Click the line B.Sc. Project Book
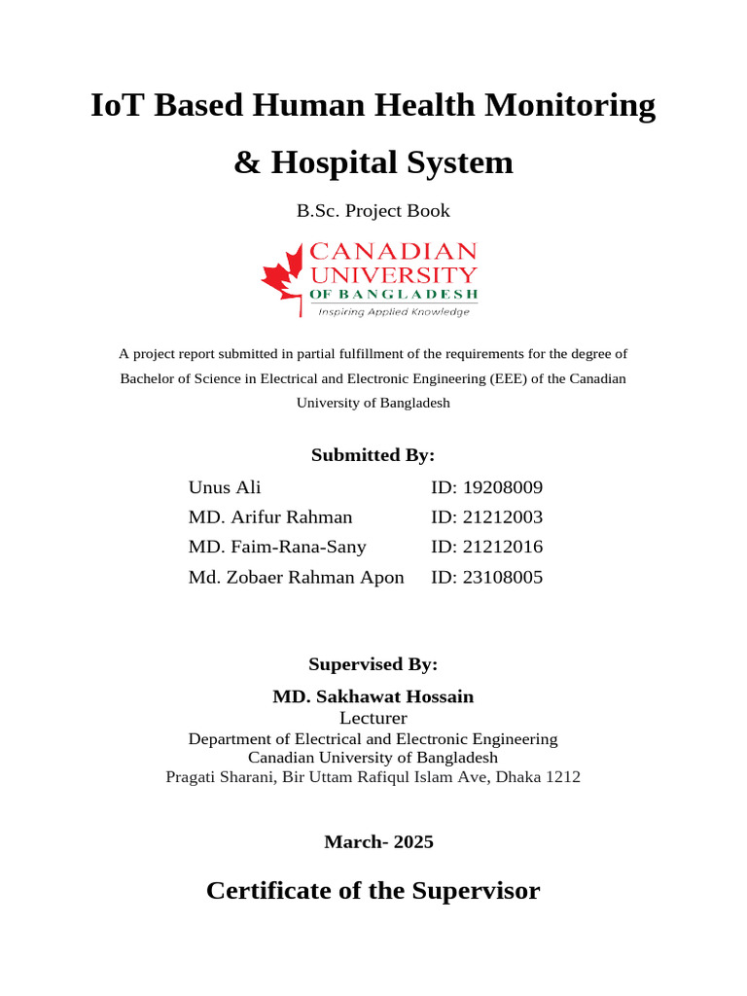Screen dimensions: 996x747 click(x=373, y=210)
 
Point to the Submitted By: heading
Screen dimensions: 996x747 click(x=373, y=455)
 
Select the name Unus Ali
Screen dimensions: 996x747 click(x=225, y=487)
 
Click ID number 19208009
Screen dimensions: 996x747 click(x=486, y=487)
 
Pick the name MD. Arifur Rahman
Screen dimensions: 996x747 click(x=270, y=517)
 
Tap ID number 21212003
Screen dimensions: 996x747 click(x=486, y=517)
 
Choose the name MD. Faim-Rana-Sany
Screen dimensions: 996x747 click(x=277, y=547)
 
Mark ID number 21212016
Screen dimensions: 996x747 click(x=486, y=547)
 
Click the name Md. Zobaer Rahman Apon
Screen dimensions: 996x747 click(x=296, y=577)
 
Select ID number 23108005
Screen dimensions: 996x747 click(x=486, y=577)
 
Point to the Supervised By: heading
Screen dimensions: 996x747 click(x=373, y=665)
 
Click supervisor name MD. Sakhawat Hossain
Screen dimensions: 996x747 click(x=373, y=696)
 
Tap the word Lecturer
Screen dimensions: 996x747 click(x=373, y=718)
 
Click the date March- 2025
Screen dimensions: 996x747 click(x=378, y=842)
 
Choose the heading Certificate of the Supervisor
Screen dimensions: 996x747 click(x=373, y=890)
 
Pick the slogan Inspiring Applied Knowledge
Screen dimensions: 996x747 click(x=394, y=312)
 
